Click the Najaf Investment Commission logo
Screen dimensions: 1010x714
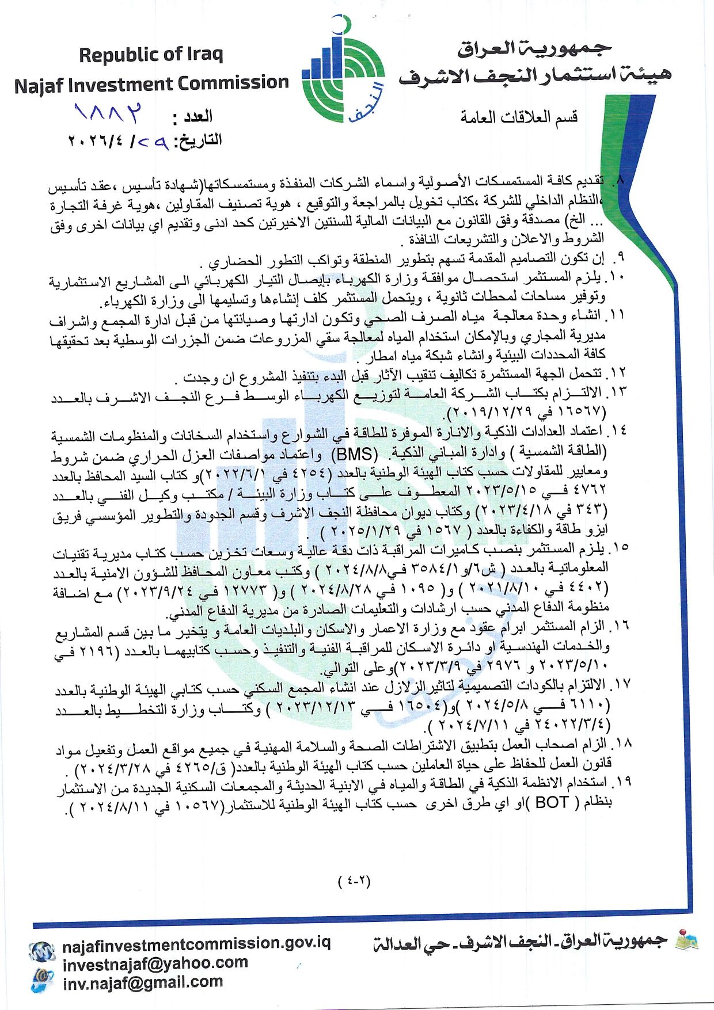[344, 73]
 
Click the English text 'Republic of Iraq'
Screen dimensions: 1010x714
[151, 55]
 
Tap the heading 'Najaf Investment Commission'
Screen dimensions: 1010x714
[151, 83]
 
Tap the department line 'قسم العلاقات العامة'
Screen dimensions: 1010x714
[519, 117]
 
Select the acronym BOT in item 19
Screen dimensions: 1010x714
[552, 802]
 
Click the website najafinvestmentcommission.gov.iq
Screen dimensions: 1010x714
[196, 943]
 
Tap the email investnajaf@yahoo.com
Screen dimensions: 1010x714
[155, 963]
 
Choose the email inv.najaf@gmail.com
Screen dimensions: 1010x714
[143, 982]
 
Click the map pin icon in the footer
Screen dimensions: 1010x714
[686, 939]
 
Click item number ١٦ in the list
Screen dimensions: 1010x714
[622, 626]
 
